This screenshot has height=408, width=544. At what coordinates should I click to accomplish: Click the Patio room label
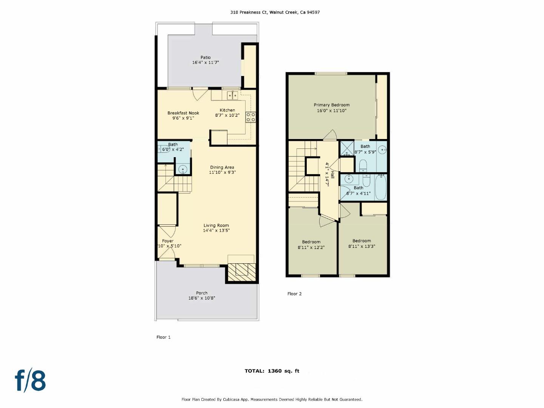tap(206, 57)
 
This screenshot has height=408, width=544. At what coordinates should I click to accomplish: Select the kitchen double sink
tap(232, 95)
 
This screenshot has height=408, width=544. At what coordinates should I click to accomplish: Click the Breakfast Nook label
tap(183, 113)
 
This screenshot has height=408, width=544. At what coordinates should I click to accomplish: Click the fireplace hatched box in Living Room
tap(241, 270)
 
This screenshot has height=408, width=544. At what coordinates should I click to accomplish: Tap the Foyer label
tap(168, 241)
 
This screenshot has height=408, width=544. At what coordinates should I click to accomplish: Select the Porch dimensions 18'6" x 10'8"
tap(202, 298)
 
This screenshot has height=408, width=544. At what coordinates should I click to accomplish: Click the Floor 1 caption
tap(164, 337)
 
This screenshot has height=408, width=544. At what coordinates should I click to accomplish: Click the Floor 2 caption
tap(294, 294)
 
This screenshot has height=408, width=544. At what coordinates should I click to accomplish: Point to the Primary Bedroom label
tap(332, 105)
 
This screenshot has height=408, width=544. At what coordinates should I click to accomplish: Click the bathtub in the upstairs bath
tap(381, 187)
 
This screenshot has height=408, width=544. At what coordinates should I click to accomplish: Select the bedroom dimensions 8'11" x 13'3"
tap(362, 246)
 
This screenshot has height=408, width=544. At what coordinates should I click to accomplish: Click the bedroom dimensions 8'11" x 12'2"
tap(311, 247)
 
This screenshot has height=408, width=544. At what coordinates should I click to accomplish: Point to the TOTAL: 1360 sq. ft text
tap(272, 371)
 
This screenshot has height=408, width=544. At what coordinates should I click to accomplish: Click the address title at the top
tap(275, 12)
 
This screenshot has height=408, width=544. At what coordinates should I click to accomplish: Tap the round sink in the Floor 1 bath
tap(183, 169)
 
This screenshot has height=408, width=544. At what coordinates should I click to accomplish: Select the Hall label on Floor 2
tap(332, 175)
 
